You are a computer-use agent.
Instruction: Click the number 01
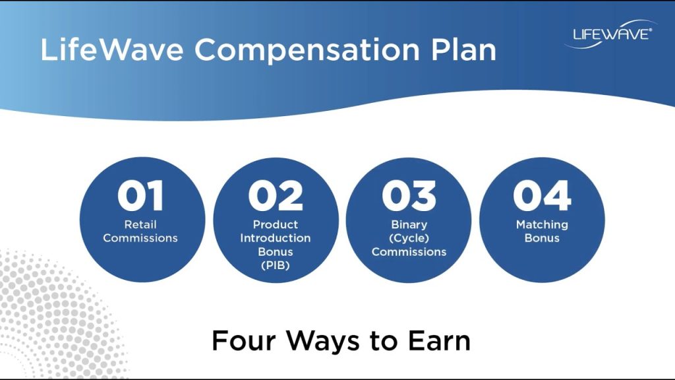(x=140, y=196)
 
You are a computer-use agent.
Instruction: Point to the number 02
(x=276, y=196)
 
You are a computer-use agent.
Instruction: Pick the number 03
(x=409, y=196)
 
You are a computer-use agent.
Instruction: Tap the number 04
(x=542, y=196)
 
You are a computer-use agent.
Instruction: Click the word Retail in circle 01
(x=140, y=224)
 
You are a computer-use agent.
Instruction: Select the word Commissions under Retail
(x=140, y=238)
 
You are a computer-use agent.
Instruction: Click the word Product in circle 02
(x=276, y=224)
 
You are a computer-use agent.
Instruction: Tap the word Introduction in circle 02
(x=276, y=238)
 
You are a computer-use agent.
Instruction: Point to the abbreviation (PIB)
(x=276, y=265)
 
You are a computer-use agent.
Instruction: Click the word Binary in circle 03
(x=409, y=224)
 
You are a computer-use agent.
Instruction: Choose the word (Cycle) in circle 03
(x=409, y=238)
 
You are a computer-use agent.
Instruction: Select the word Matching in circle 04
(x=542, y=224)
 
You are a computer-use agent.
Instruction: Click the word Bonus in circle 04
(x=542, y=238)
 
